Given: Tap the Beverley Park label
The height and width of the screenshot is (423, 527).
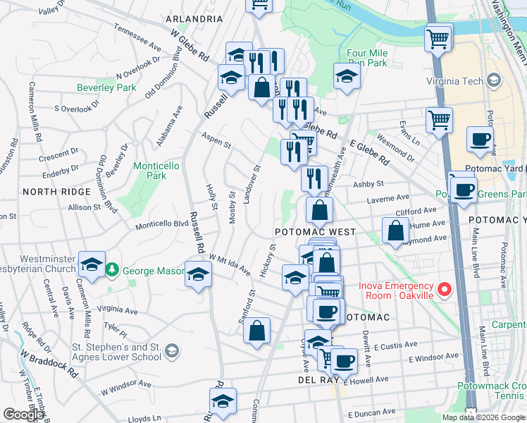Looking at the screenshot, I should tap(106, 88).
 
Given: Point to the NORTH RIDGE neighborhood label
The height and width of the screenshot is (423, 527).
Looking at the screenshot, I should tap(56, 192).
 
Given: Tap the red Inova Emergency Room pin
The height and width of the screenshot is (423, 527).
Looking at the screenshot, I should tap(444, 290).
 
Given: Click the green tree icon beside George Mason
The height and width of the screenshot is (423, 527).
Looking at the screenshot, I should tap(111, 269).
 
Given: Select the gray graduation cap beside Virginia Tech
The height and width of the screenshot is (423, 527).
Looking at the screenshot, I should tap(494, 81).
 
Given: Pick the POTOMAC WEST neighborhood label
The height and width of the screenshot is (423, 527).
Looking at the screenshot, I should tap(314, 231).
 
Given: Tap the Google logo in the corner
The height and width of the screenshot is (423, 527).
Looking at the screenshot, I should tap(23, 415).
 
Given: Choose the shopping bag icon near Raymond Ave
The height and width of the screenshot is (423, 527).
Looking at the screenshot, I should tap(395, 229).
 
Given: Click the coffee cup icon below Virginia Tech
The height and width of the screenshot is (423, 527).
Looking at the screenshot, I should tap(479, 139).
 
